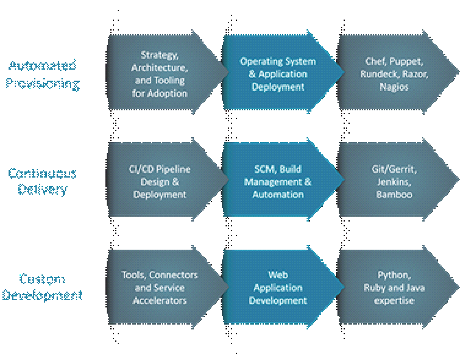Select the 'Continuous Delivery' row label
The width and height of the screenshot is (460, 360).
[x=42, y=182]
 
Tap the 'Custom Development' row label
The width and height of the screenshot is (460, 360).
[x=42, y=287]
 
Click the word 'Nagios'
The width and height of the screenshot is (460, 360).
[x=394, y=87]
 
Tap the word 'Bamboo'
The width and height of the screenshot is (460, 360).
[x=394, y=194]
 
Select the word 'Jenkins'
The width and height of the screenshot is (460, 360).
[x=394, y=182]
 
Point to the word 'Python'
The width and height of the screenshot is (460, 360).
[x=393, y=275]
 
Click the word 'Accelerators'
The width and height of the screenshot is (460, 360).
[x=160, y=301]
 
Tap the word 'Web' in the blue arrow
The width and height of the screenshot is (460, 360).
[x=278, y=275]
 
